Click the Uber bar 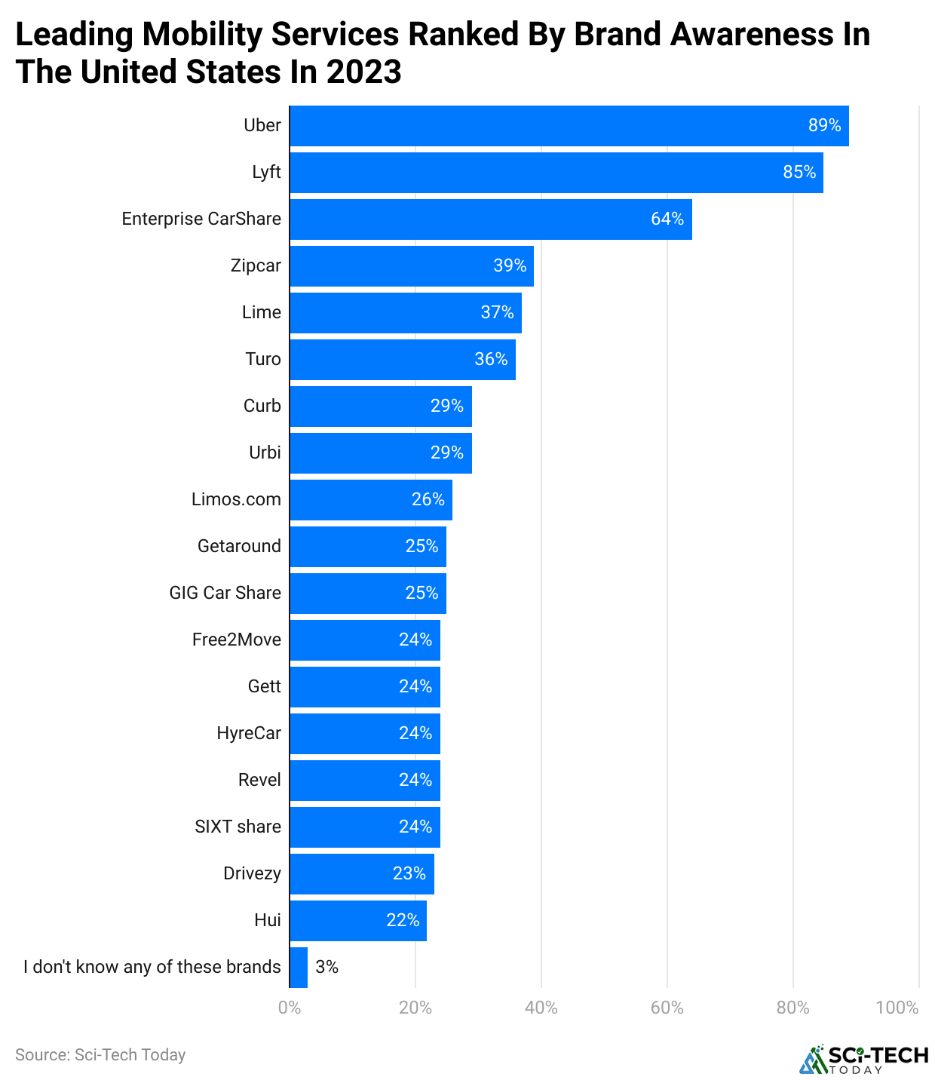click(x=569, y=126)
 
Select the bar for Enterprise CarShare click(x=490, y=219)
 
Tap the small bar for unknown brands click(x=299, y=967)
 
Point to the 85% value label click(x=799, y=172)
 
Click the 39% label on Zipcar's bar click(x=509, y=265)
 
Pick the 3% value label click(x=326, y=967)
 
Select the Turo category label click(x=262, y=359)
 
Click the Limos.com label click(x=236, y=499)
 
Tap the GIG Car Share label click(x=225, y=593)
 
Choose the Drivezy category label click(x=253, y=873)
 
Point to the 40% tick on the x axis click(x=541, y=1008)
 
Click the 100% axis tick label click(x=897, y=1008)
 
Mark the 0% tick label click(x=290, y=1008)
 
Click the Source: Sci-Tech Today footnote click(x=100, y=1055)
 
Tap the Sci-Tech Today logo click(x=863, y=1059)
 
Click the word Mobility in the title click(x=202, y=35)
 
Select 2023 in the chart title click(x=364, y=72)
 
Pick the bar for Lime click(x=406, y=312)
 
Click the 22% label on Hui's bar click(x=403, y=920)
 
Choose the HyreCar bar click(x=365, y=734)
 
